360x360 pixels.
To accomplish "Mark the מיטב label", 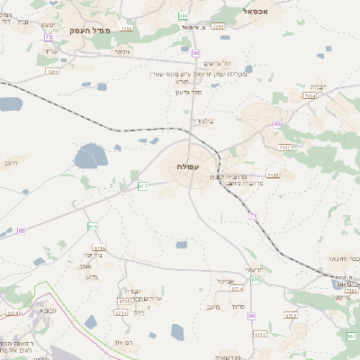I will pyautogui.click(x=212, y=307).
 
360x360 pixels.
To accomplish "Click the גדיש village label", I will pyautogui.click(x=90, y=276).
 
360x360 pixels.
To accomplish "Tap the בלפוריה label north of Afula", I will pyautogui.click(x=201, y=120).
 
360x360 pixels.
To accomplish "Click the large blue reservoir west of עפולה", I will pyautogui.click(x=88, y=159).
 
